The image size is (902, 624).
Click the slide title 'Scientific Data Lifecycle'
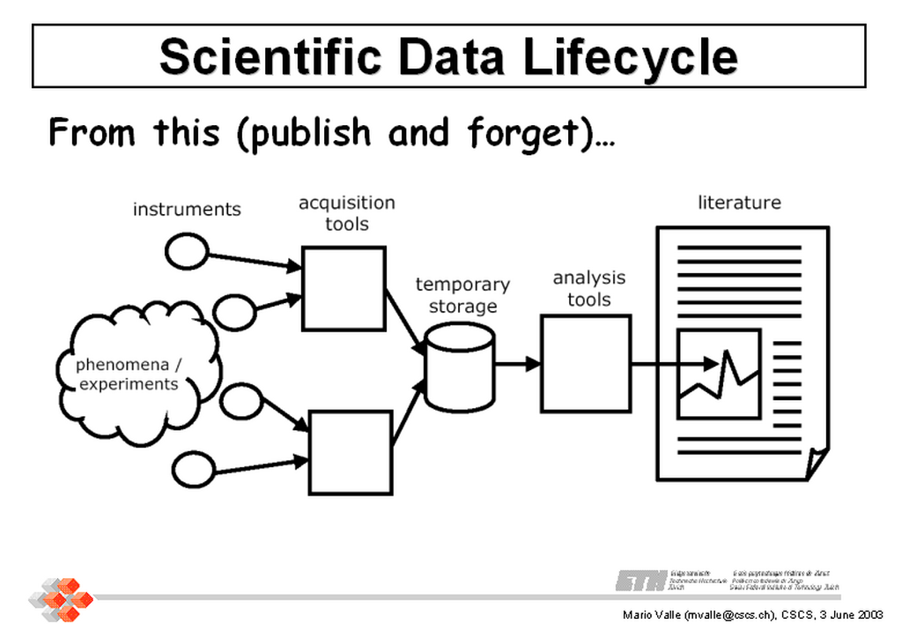pos(448,56)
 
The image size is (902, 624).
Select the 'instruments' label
pos(187,210)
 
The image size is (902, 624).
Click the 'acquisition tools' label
pos(346,213)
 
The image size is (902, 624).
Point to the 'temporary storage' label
pos(462,295)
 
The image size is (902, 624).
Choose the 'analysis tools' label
pos(588,288)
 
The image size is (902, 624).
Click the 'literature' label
pos(739,203)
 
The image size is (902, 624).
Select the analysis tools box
pos(585,363)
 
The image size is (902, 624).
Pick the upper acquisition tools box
pos(344,288)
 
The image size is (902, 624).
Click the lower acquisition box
pos(351,452)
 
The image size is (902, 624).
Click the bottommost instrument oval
pos(193,469)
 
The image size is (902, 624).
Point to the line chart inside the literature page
pos(719,375)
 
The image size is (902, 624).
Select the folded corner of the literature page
pos(817,461)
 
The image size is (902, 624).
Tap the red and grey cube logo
pos(61,597)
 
